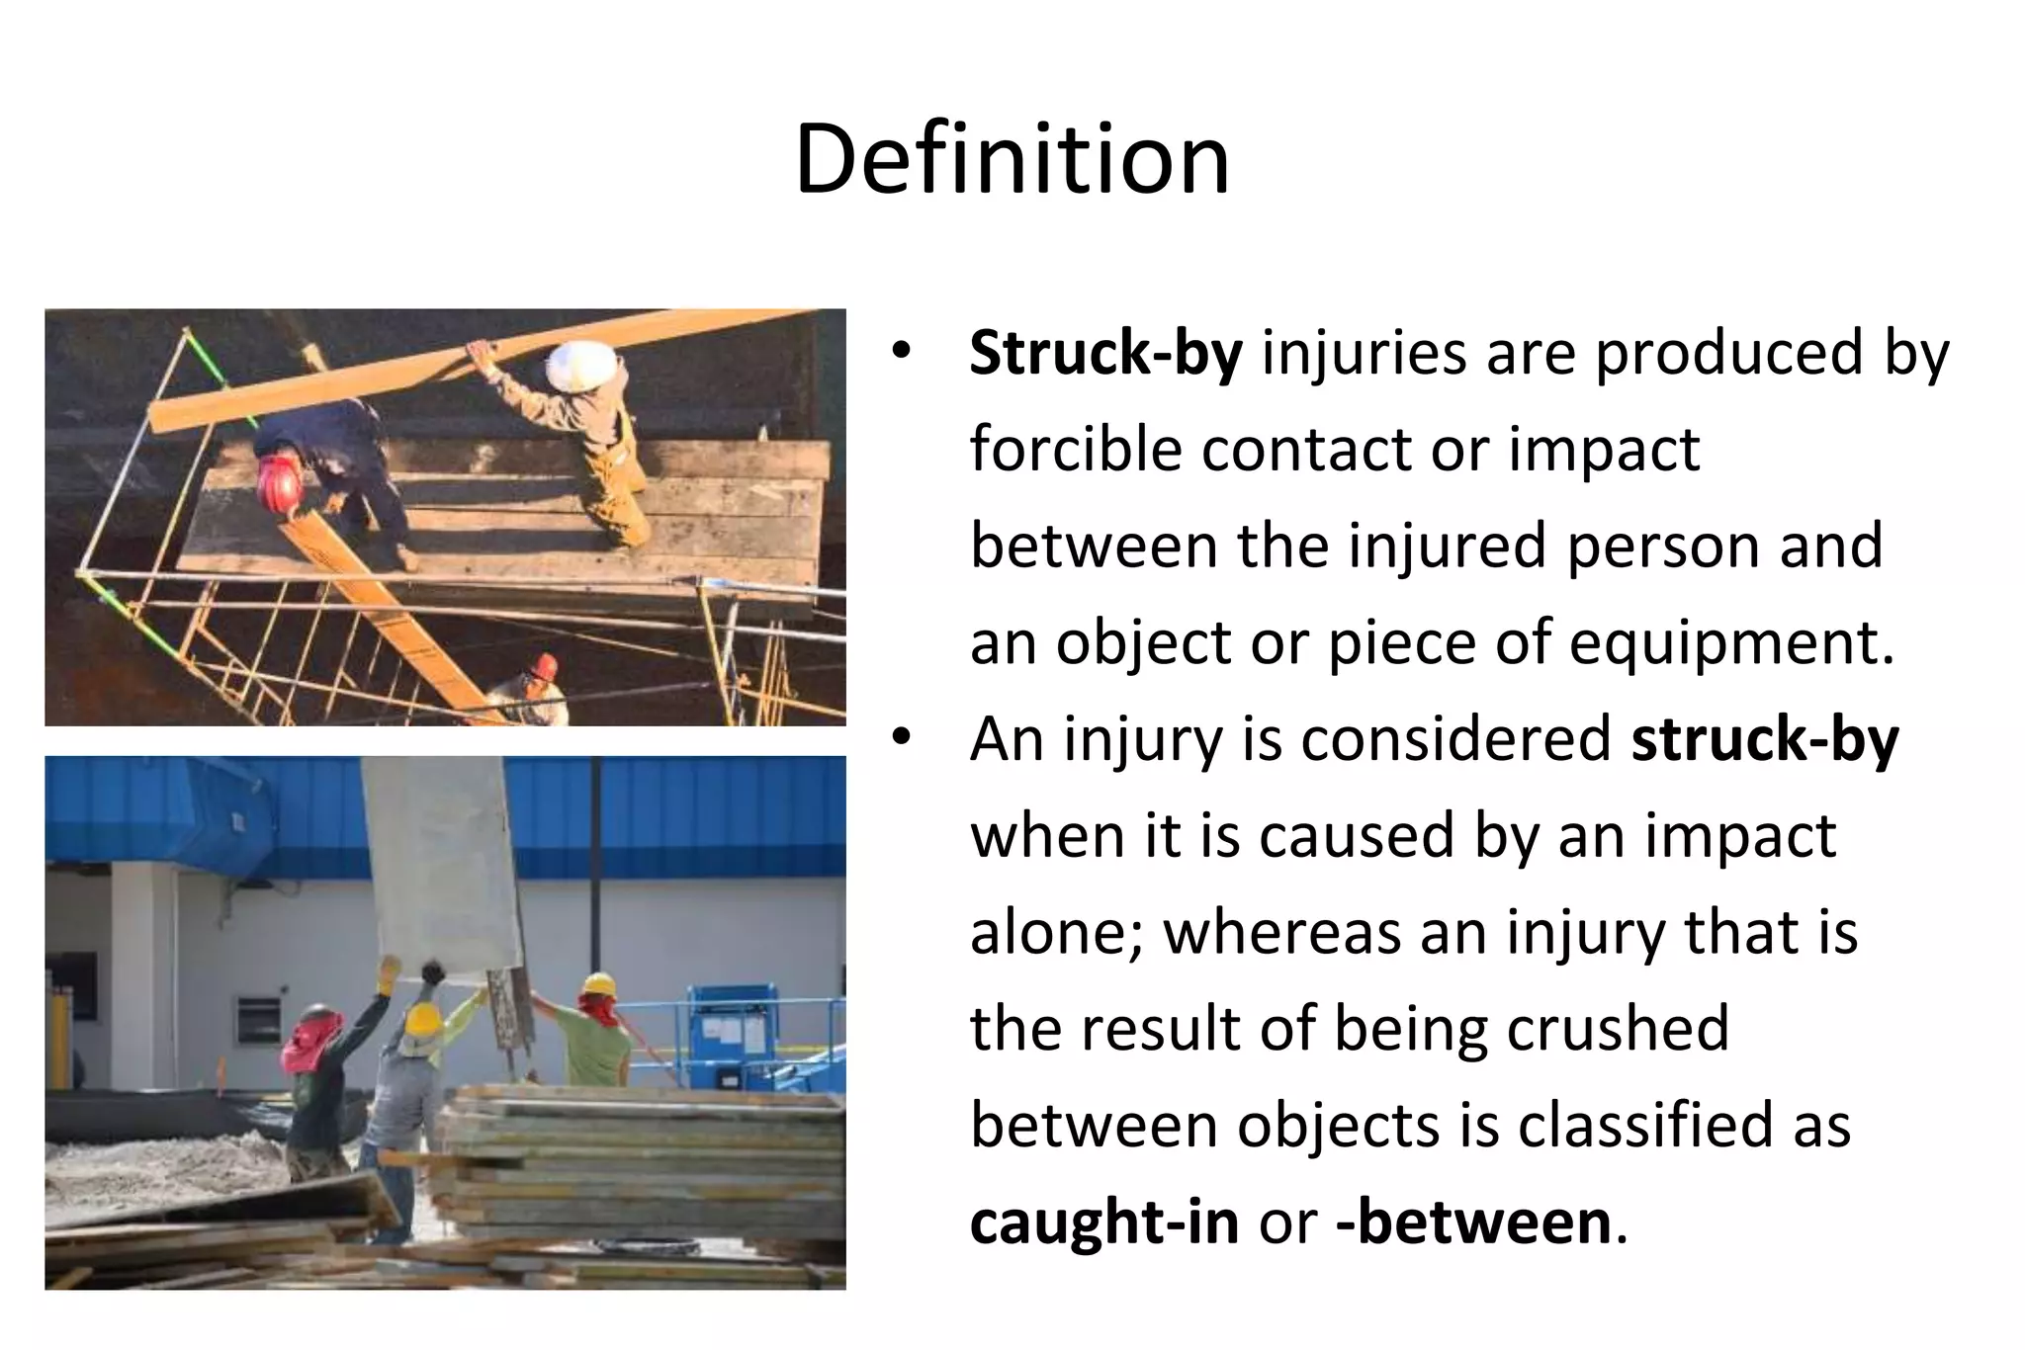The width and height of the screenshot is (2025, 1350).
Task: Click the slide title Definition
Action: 1012,160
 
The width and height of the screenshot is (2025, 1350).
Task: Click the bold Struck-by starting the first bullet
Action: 1104,353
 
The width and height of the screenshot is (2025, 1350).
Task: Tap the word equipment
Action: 1731,643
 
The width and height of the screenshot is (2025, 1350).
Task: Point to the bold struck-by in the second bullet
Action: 1764,739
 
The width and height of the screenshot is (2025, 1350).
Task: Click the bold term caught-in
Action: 1103,1223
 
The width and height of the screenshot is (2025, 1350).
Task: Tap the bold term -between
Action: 1473,1223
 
